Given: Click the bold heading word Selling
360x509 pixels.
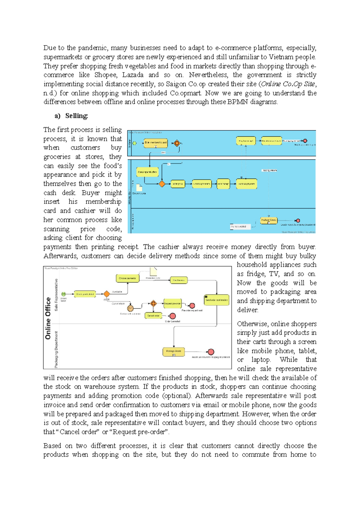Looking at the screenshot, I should [x=76, y=116].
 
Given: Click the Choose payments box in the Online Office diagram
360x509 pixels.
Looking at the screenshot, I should [x=127, y=278].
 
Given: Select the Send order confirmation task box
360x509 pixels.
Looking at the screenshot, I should [x=216, y=300].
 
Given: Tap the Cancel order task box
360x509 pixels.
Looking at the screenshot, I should [x=153, y=316].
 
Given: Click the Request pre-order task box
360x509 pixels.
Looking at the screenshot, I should [x=172, y=303].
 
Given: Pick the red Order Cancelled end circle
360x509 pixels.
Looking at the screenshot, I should [x=172, y=316].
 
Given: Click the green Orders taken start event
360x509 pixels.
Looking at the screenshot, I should [x=64, y=294].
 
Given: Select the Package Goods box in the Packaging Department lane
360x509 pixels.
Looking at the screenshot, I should [x=174, y=352].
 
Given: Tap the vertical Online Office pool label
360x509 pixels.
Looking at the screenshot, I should [x=48, y=318].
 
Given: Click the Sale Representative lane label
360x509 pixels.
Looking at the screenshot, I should [x=56, y=295].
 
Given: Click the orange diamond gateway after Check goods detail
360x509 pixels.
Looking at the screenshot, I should [x=106, y=294].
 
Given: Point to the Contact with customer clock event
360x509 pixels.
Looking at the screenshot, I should [x=130, y=308].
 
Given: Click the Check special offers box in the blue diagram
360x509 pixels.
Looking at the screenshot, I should [x=147, y=172].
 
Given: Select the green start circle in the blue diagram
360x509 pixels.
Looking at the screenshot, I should [x=135, y=143].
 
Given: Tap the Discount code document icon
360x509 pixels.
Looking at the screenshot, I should [x=139, y=188].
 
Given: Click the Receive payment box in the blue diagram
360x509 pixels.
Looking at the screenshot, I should [x=246, y=184].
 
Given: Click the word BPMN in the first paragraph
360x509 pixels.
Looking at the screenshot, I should [x=238, y=102].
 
